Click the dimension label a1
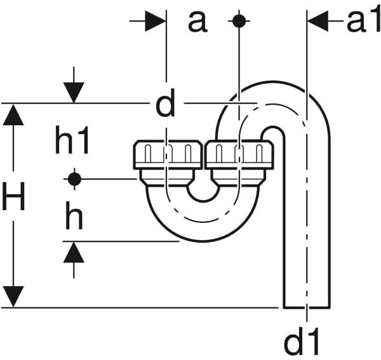click(364, 21)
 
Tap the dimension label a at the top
click(197, 22)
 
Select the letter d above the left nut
click(166, 103)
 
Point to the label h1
click(72, 141)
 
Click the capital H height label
click(13, 196)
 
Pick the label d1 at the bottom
click(301, 341)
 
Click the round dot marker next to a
click(239, 21)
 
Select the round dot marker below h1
click(74, 179)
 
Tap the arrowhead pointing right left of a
click(156, 21)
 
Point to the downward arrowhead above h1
click(74, 93)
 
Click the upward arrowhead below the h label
click(74, 252)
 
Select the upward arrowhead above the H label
click(13, 115)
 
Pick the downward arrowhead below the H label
click(13, 297)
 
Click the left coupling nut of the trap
click(168, 154)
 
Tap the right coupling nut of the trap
click(239, 154)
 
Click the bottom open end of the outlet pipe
click(307, 307)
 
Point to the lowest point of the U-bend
click(203, 241)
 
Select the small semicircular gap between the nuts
click(203, 194)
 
